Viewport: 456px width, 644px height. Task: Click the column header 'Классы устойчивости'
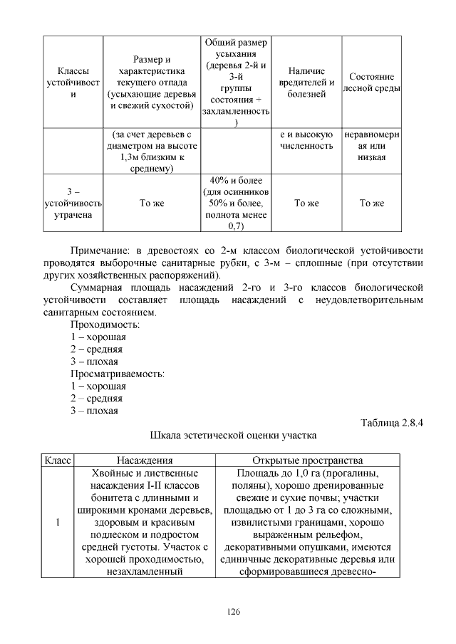[x=72, y=83]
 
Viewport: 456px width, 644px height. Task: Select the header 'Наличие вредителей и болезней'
[x=306, y=83]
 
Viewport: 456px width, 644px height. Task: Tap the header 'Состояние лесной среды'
[x=371, y=83]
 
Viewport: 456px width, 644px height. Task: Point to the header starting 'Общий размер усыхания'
[x=236, y=83]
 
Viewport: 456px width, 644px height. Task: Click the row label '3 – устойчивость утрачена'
[x=72, y=203]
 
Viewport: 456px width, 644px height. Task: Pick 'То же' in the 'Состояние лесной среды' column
[x=371, y=203]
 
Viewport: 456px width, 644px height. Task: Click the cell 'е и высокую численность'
[x=306, y=139]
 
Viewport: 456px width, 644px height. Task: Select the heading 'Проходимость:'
[x=105, y=324]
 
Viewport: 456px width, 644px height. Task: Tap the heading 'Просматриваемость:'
[x=117, y=374]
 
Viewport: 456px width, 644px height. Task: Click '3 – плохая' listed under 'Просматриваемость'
[x=94, y=411]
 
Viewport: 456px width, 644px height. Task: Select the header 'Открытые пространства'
[x=308, y=460]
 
